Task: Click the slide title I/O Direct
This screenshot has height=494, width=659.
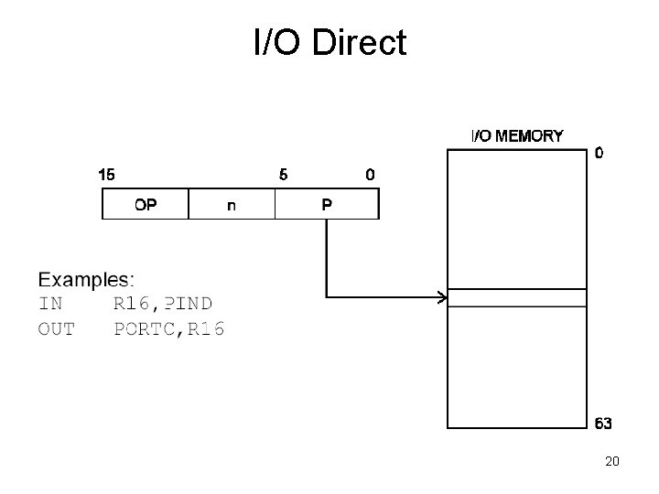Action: [x=329, y=41]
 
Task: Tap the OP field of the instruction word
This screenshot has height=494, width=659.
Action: [x=145, y=205]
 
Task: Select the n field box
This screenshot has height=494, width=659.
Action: [x=231, y=205]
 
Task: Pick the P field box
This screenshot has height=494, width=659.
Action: [x=327, y=205]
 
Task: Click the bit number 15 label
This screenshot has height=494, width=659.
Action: [x=106, y=175]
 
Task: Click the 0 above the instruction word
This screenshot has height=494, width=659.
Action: [x=370, y=175]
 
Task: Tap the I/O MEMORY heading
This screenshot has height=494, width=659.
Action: [x=517, y=136]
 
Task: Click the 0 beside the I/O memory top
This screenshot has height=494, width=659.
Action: [x=599, y=154]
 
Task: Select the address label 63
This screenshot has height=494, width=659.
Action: [x=603, y=424]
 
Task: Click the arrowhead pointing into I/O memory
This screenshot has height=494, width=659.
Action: [x=441, y=297]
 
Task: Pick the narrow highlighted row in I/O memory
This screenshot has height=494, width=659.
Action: [x=516, y=297]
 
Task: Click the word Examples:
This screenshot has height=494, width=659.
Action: [x=86, y=278]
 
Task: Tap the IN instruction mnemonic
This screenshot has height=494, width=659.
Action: [x=51, y=303]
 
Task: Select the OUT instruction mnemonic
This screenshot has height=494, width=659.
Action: [x=57, y=328]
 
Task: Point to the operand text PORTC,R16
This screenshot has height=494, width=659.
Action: [x=168, y=328]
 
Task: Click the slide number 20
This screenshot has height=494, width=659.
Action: [x=611, y=462]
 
